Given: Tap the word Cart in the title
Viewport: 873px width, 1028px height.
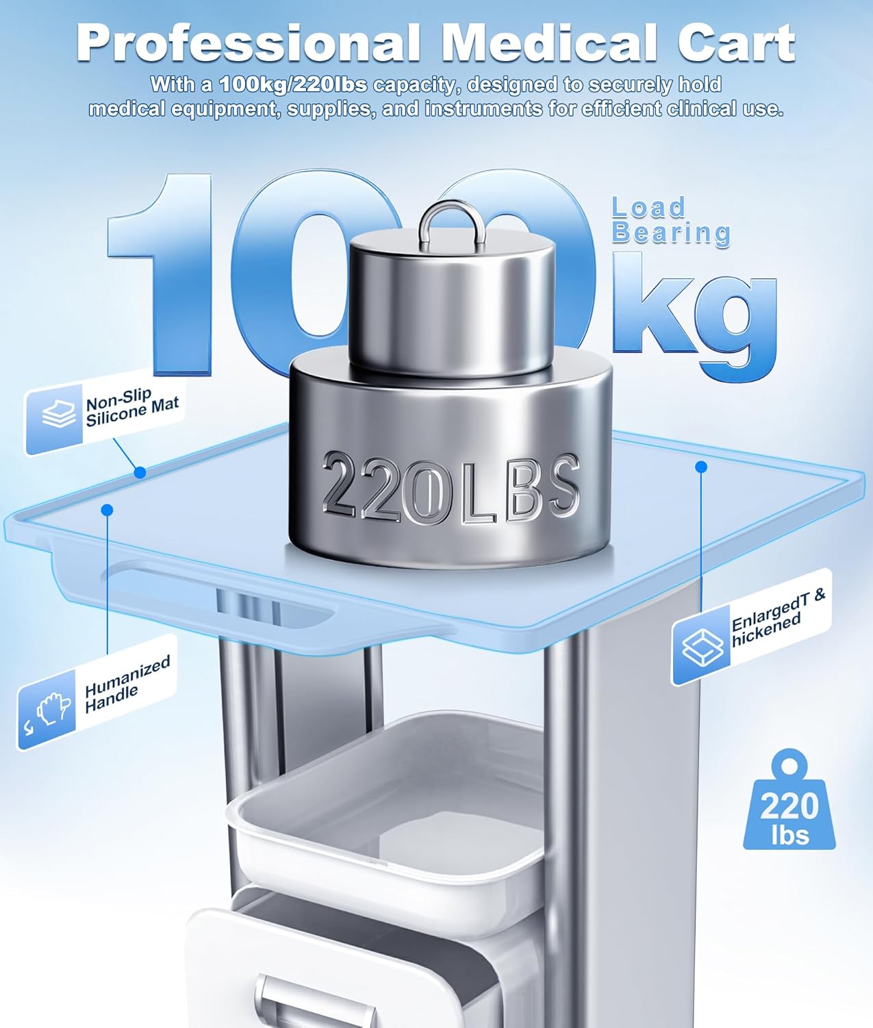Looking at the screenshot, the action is [736, 43].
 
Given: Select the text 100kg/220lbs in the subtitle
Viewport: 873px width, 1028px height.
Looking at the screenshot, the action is [293, 84].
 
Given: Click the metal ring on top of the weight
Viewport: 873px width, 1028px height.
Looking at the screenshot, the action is [452, 225].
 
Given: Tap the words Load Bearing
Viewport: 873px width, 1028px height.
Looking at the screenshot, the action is [670, 221].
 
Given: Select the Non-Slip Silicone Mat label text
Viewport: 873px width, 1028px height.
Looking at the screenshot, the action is [131, 407].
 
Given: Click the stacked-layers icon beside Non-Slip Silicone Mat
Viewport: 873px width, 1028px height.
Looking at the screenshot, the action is [59, 414].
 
